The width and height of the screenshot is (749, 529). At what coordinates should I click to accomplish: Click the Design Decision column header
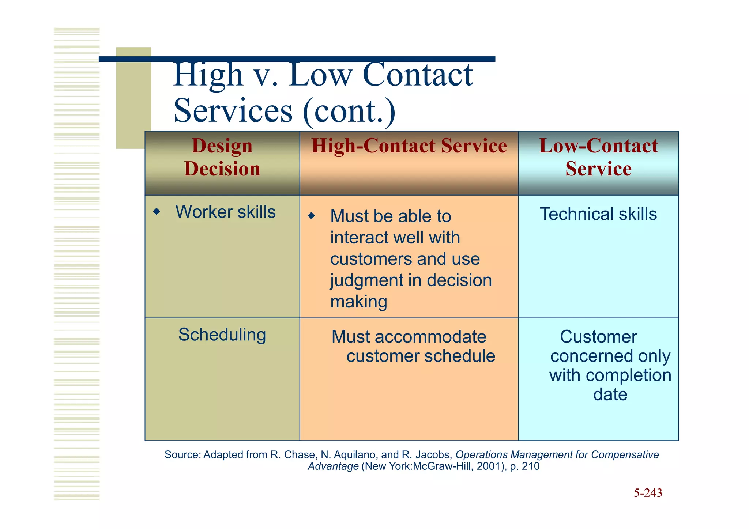click(222, 157)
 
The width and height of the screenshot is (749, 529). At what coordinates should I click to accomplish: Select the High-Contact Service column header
click(409, 146)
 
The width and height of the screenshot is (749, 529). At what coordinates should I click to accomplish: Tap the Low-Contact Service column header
click(598, 157)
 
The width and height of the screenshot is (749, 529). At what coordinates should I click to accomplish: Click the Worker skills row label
click(225, 212)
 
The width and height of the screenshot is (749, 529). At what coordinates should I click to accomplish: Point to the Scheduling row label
click(222, 335)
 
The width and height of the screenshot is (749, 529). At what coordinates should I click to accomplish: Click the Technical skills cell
click(598, 214)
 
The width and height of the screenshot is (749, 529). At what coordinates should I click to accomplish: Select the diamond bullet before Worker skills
click(157, 211)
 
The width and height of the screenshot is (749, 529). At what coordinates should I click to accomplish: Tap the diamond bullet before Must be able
click(311, 216)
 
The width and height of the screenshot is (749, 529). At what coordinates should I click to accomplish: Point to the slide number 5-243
click(648, 493)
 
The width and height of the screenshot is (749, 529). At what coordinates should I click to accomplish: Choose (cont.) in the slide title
click(349, 111)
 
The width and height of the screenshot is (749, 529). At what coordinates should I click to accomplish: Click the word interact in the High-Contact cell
click(353, 238)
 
